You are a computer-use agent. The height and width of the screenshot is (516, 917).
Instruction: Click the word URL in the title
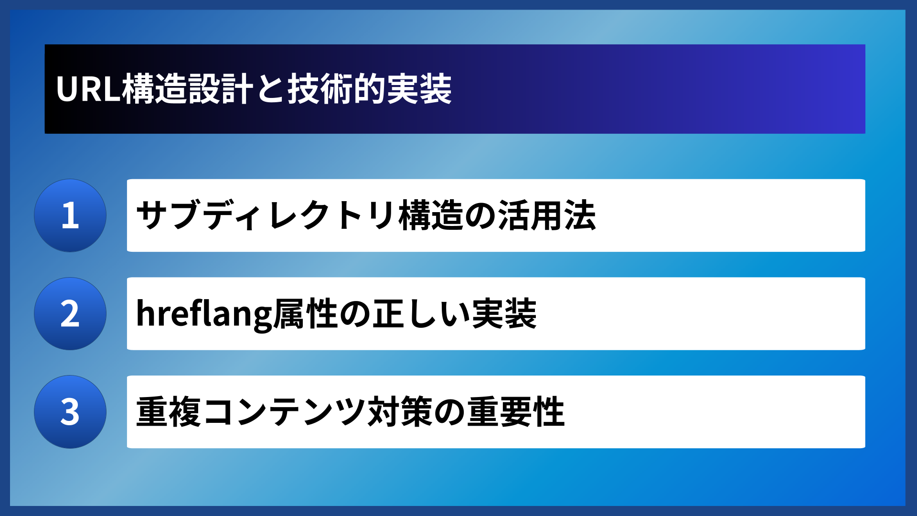[88, 89]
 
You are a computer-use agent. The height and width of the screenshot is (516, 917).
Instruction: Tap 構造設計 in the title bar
[188, 89]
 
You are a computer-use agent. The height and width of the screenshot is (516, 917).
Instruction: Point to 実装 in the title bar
[419, 89]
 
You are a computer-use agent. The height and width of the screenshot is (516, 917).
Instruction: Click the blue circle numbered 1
[70, 215]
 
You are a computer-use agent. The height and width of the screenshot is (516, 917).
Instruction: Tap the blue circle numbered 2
[70, 314]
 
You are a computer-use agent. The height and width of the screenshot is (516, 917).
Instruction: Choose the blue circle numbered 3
[70, 412]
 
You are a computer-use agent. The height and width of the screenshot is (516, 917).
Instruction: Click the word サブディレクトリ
[266, 215]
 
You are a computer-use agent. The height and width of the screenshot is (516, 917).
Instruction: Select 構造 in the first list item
[431, 215]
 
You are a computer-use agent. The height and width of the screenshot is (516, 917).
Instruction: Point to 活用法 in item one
[547, 215]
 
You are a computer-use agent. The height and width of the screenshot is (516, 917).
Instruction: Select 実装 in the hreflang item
[504, 314]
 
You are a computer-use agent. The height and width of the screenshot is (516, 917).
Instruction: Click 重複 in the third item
[169, 412]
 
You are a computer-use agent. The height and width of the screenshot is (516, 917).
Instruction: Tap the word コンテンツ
[284, 412]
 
